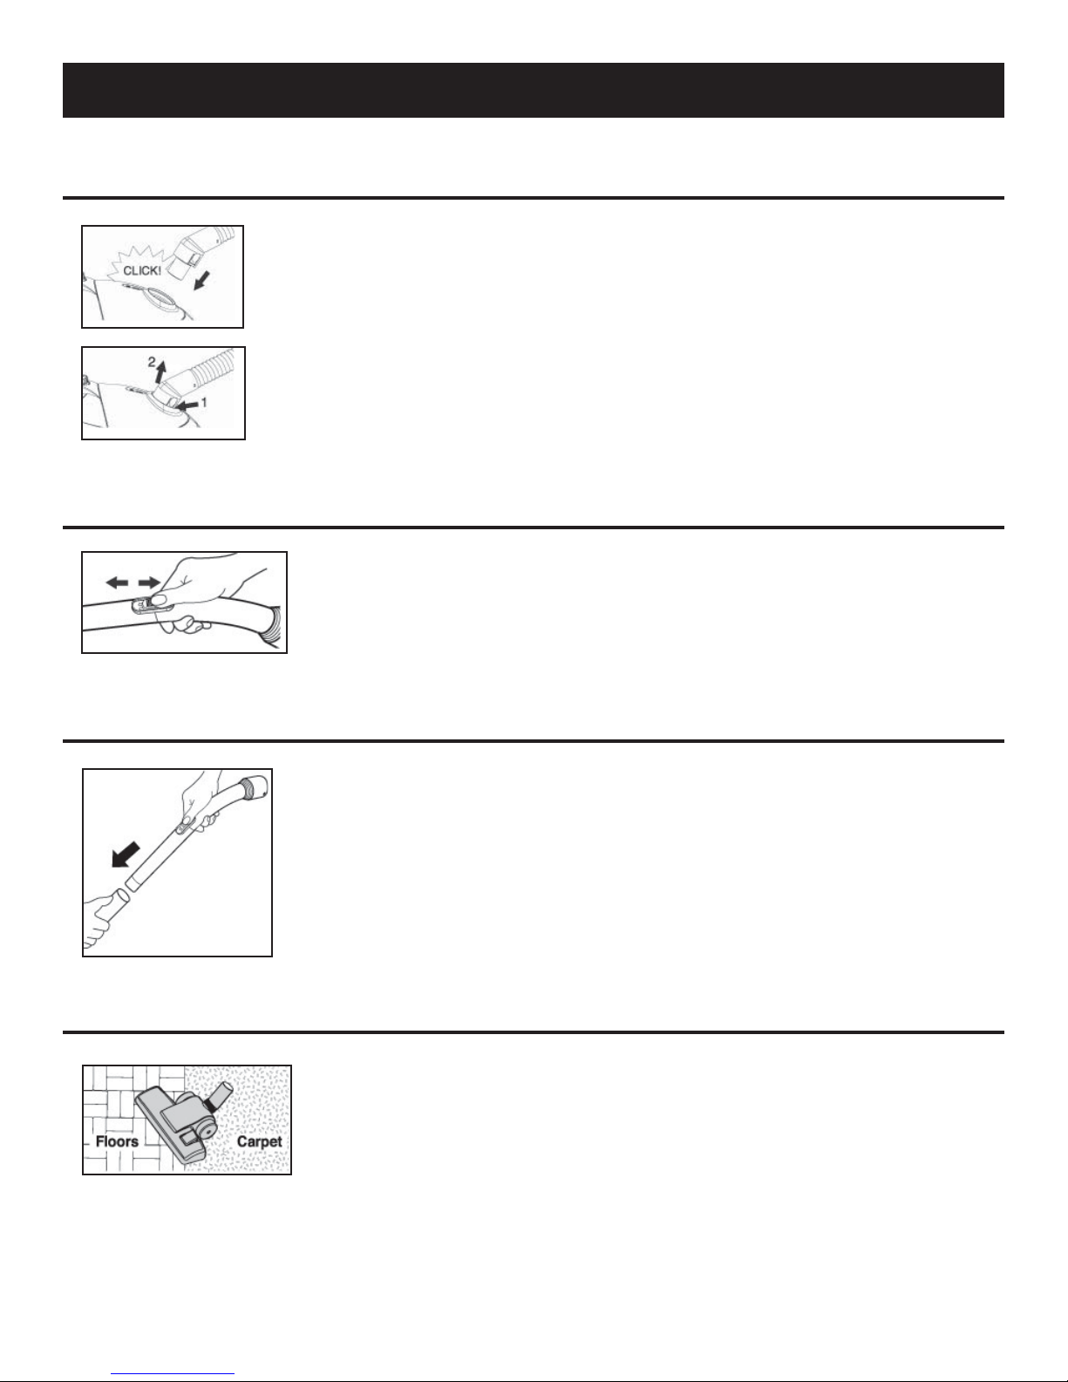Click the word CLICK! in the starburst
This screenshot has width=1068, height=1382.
coord(142,270)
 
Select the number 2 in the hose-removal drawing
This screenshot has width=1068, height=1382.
coord(152,361)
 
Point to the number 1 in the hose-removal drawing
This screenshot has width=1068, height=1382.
coord(204,403)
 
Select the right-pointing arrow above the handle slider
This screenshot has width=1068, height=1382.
coord(149,582)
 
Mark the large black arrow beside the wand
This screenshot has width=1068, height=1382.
coord(126,854)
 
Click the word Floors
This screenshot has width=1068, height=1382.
coord(117,1141)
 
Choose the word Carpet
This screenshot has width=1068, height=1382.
coord(260,1141)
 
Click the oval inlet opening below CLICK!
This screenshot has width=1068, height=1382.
coord(167,296)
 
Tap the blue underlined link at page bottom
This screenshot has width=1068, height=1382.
coord(173,1374)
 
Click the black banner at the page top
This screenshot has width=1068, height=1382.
coord(534,90)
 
